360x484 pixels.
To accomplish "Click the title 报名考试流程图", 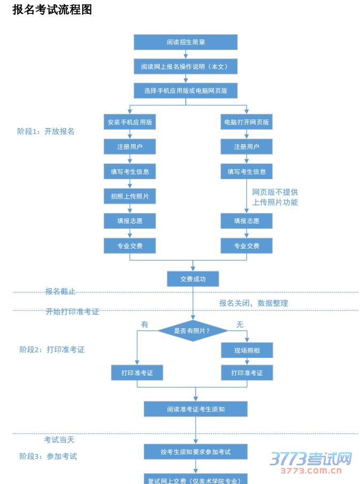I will coord(52,10).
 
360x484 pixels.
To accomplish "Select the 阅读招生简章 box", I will coord(185,42).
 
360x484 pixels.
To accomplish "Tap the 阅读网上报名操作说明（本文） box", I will coord(185,67).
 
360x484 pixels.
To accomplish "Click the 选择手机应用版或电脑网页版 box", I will coord(185,91).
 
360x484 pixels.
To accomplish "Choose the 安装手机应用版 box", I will coord(130,122).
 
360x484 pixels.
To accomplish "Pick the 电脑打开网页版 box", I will coord(247,122).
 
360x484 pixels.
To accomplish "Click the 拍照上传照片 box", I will coord(130,196).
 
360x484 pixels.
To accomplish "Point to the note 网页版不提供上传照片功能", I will coord(275,197).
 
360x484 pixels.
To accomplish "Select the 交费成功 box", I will coord(193,279).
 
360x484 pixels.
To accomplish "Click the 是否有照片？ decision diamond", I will coord(193,331).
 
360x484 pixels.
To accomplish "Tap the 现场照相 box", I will coord(247,350).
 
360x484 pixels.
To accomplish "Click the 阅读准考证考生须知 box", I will coord(195,409).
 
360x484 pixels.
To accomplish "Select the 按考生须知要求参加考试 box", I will coord(195,452).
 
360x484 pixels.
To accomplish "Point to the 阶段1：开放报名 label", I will coord(46,131).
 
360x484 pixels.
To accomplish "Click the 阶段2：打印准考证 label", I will coord(52,350).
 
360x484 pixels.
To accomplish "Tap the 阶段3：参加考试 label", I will coord(48,456).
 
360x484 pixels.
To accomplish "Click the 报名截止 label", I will coord(60,291).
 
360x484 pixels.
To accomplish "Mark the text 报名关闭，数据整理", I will coord(253,303).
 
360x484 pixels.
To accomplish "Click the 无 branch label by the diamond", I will coord(240,324).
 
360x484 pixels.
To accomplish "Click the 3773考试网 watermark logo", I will coord(310,461).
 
